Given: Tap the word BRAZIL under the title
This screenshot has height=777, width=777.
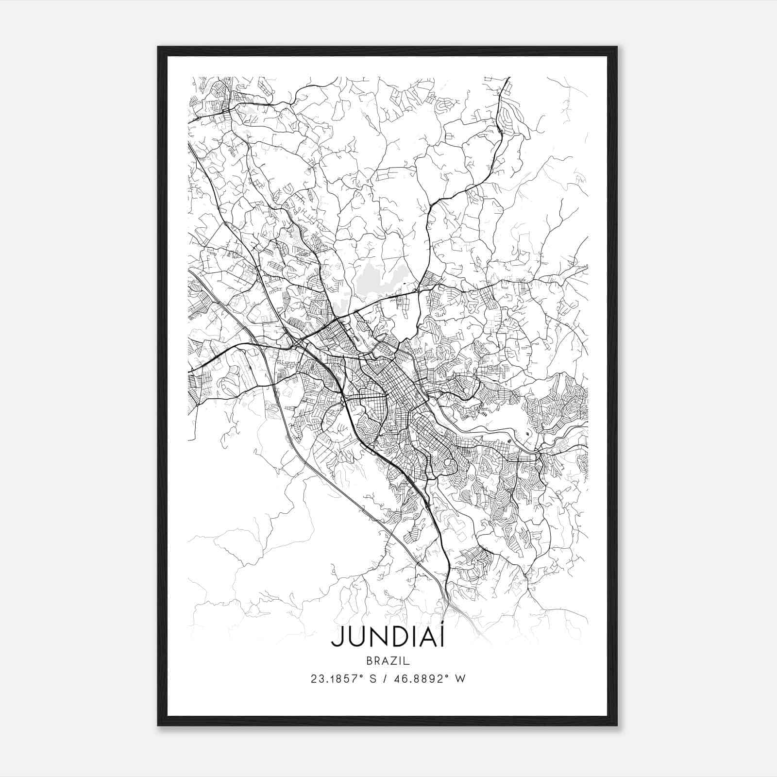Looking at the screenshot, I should coord(388,660).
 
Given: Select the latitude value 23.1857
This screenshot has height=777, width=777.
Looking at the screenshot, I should coord(331,678).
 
